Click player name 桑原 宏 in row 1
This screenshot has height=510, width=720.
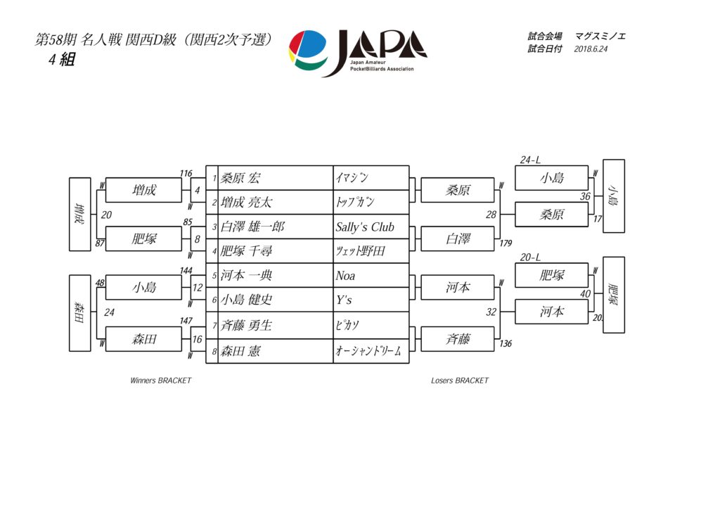click(240, 178)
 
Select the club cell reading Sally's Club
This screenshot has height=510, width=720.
click(365, 227)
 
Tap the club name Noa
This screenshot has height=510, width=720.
click(345, 276)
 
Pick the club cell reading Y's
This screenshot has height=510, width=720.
click(343, 300)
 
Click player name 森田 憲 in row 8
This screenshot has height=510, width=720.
click(240, 350)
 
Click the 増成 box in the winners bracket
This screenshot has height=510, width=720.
click(143, 190)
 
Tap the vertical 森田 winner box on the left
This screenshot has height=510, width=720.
click(79, 312)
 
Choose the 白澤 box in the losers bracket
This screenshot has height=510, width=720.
click(458, 239)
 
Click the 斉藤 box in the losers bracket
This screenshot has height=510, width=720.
click(458, 339)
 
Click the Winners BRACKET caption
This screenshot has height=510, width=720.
click(160, 381)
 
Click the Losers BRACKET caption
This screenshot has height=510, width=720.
click(459, 381)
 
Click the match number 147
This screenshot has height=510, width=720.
click(186, 321)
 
